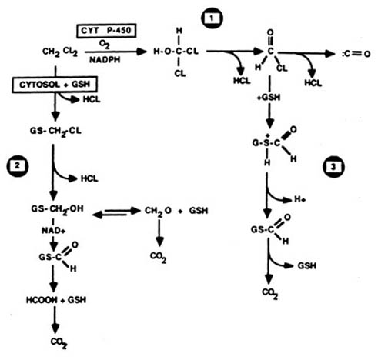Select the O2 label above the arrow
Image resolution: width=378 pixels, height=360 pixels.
(x=102, y=44)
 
